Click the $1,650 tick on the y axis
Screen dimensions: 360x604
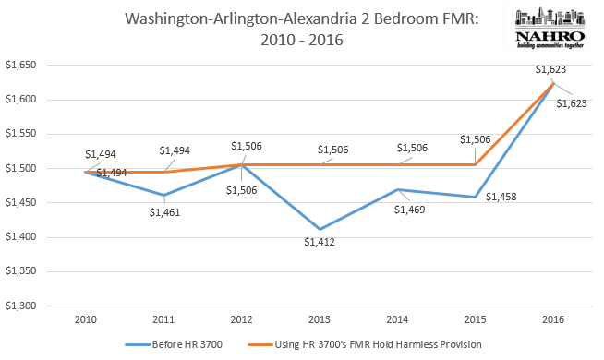[x=24, y=66]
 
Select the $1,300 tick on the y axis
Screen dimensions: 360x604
[x=24, y=306]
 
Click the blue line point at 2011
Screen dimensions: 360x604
[x=163, y=195]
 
